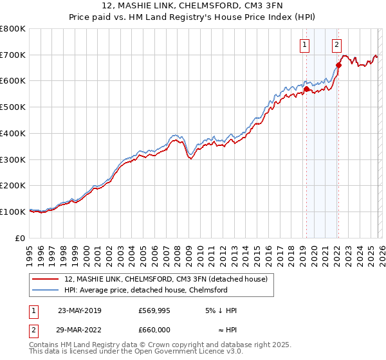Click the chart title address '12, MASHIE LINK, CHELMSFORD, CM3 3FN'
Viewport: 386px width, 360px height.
(x=193, y=6)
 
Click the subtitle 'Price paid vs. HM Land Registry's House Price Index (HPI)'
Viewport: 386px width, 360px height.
(x=193, y=17)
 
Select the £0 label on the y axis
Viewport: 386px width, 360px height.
(x=20, y=238)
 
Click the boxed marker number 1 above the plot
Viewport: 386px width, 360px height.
(x=304, y=44)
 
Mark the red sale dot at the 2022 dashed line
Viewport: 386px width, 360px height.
(x=338, y=64)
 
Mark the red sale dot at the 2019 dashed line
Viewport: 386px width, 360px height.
(x=306, y=88)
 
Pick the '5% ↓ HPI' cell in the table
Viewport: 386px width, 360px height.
(x=221, y=310)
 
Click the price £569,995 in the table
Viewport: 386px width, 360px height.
(x=154, y=310)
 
